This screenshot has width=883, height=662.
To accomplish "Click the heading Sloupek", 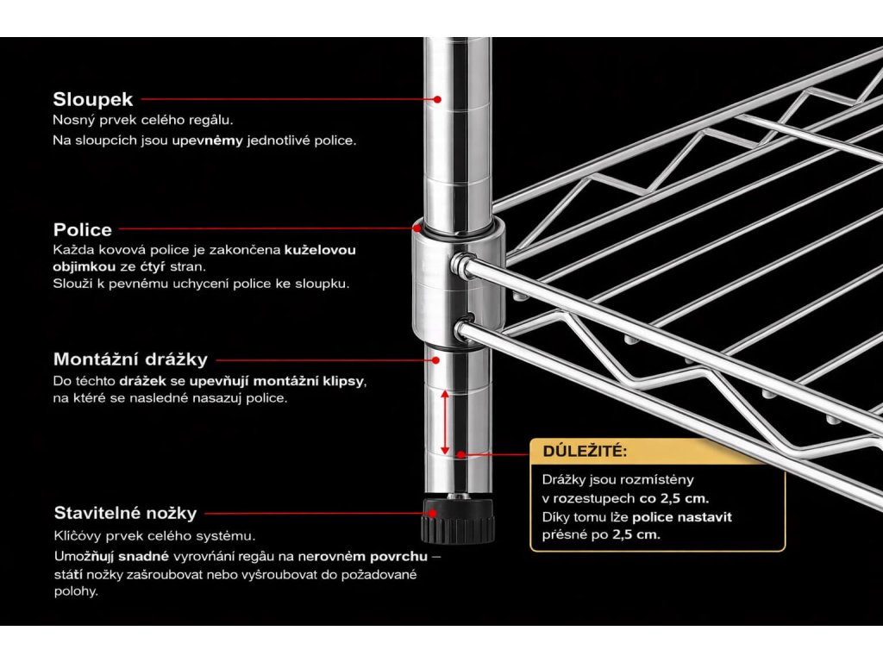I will tap(92, 99).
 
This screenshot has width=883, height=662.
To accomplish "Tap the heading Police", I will tap(83, 229).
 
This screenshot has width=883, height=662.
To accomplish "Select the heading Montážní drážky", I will tap(130, 359).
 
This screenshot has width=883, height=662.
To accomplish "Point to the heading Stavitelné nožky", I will tap(125, 513).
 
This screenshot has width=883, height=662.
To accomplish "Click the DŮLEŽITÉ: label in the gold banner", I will tap(585, 451).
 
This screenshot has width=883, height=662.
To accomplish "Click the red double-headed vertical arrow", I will tap(445, 422).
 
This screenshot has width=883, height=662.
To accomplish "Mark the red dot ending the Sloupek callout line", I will tap(437, 100).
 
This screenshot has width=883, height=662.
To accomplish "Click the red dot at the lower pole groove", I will tap(462, 453).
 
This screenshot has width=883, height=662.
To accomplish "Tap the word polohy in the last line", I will tap(74, 592).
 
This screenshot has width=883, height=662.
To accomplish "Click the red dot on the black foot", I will tap(437, 513).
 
